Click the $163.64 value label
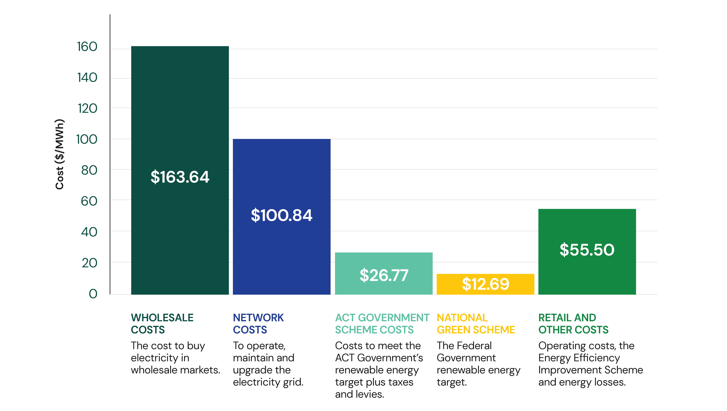180,177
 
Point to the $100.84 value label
281,215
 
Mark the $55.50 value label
587,250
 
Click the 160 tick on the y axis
87,47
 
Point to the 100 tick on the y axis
87,139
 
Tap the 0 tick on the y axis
93,294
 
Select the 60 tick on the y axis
89,201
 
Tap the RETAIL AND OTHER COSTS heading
573,324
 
